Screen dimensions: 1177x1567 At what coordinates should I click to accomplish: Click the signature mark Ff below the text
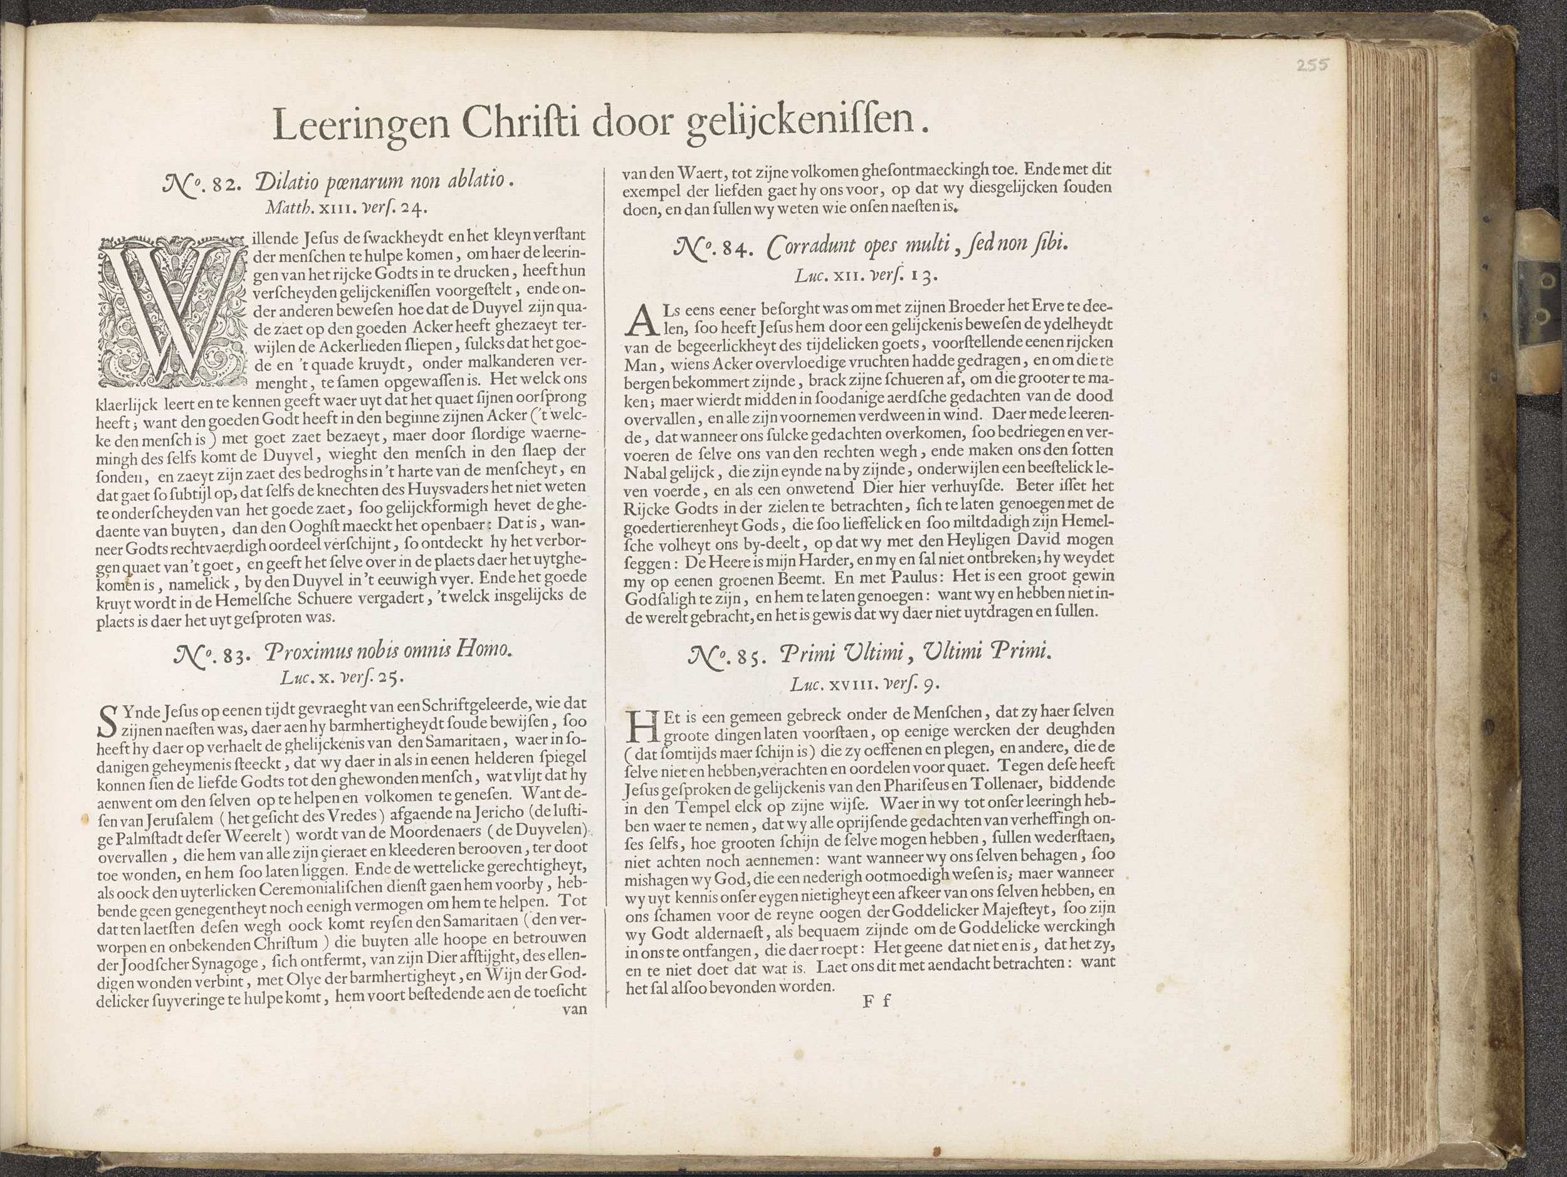pyautogui.click(x=876, y=1001)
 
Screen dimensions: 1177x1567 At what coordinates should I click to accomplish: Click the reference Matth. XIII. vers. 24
pyautogui.click(x=346, y=208)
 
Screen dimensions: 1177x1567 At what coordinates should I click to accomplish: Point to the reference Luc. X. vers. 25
pyautogui.click(x=342, y=677)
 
